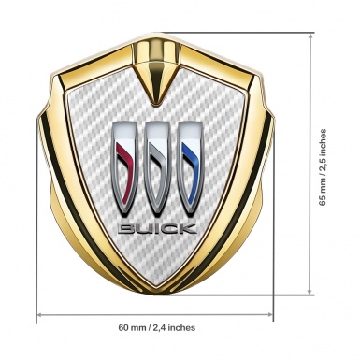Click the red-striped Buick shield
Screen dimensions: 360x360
124,169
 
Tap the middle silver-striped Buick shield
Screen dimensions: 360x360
157,169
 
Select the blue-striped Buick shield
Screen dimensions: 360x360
190,169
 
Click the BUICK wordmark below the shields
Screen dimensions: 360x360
158,229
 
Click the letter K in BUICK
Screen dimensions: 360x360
188,229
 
